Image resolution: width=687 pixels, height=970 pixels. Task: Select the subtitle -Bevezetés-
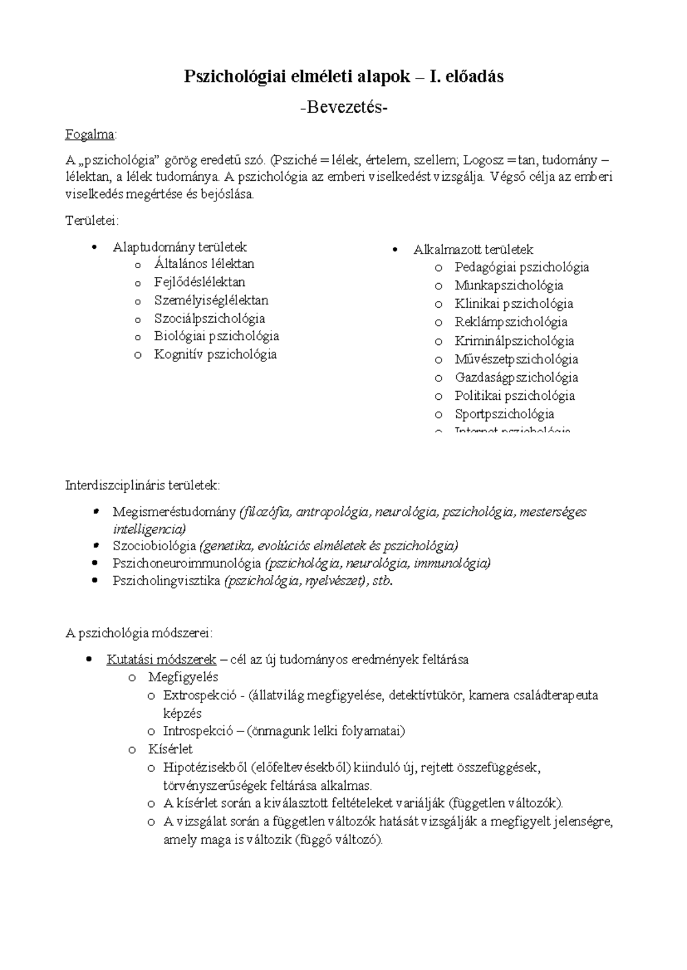click(343, 107)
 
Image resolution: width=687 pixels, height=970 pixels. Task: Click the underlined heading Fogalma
click(90, 135)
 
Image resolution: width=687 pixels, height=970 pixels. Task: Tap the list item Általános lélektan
click(204, 264)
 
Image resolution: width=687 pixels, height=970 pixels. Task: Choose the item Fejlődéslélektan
click(199, 283)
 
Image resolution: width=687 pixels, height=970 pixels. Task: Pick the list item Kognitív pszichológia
click(215, 355)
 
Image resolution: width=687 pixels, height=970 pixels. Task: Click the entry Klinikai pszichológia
click(514, 304)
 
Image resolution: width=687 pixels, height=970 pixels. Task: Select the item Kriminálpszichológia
click(514, 341)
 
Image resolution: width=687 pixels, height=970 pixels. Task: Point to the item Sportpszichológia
click(504, 414)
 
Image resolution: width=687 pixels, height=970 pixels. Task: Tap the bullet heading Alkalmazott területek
click(473, 250)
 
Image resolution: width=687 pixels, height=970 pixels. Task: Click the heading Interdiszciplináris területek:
click(142, 486)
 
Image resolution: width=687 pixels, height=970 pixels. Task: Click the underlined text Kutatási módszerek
click(161, 660)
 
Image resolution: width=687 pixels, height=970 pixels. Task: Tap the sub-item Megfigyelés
click(183, 678)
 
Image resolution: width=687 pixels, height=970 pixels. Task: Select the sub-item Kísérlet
click(170, 750)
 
